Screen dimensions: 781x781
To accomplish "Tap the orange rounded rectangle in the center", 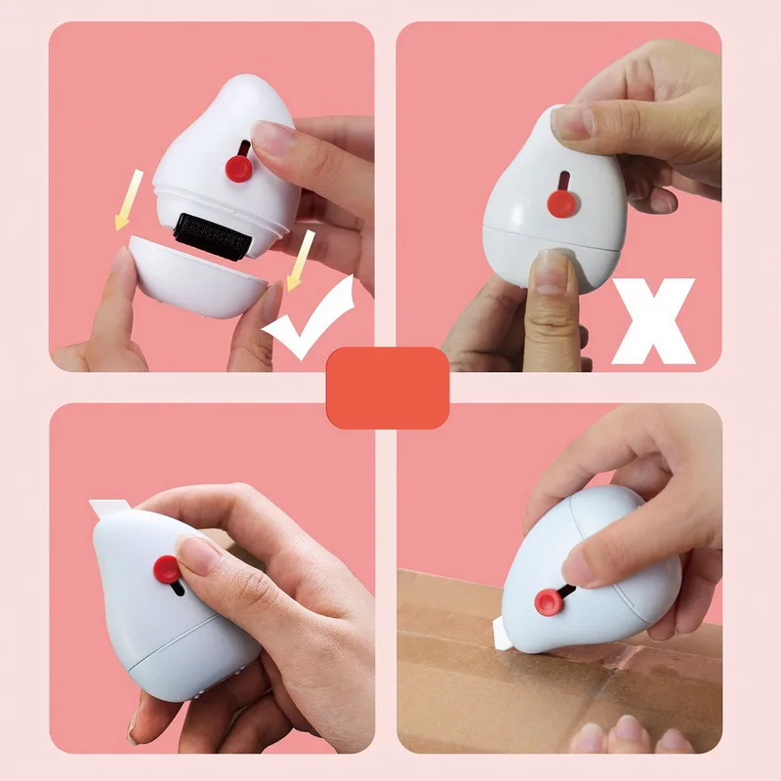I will pos(388,388).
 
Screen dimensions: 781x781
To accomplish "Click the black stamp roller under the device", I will pos(216,234).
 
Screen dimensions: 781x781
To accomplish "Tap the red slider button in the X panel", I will pos(559,203).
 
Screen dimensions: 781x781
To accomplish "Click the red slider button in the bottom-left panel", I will pos(166,569).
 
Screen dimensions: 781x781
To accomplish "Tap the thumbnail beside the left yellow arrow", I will pos(120,261).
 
